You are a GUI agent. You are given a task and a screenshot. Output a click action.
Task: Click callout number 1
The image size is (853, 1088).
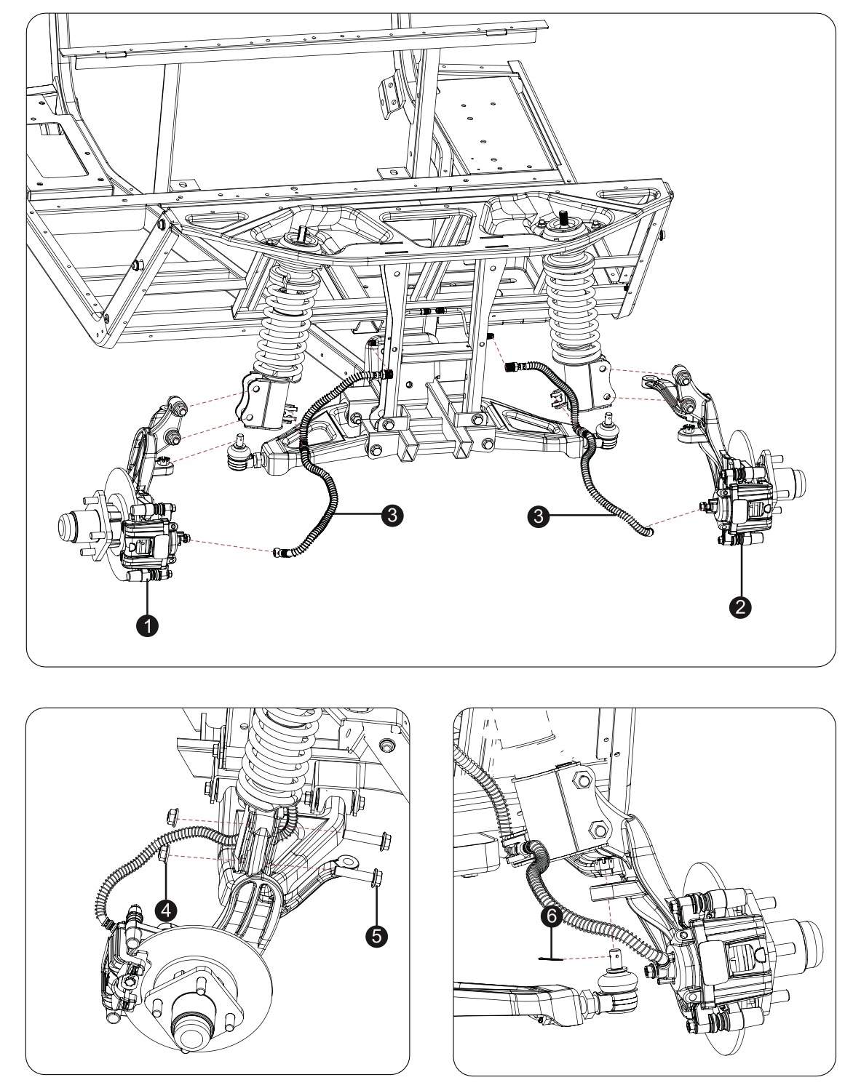148,626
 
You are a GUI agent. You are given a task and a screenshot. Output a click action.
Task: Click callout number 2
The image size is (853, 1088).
741,607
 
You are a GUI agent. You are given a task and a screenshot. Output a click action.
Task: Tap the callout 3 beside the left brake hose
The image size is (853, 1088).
392,515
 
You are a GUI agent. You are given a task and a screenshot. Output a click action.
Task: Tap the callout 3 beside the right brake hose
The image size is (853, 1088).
539,515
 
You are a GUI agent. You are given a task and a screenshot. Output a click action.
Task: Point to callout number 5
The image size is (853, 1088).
377,935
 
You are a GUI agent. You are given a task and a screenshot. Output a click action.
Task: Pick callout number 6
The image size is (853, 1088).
552,917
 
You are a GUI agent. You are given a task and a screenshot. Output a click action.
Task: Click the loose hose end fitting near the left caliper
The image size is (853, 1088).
280,553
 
